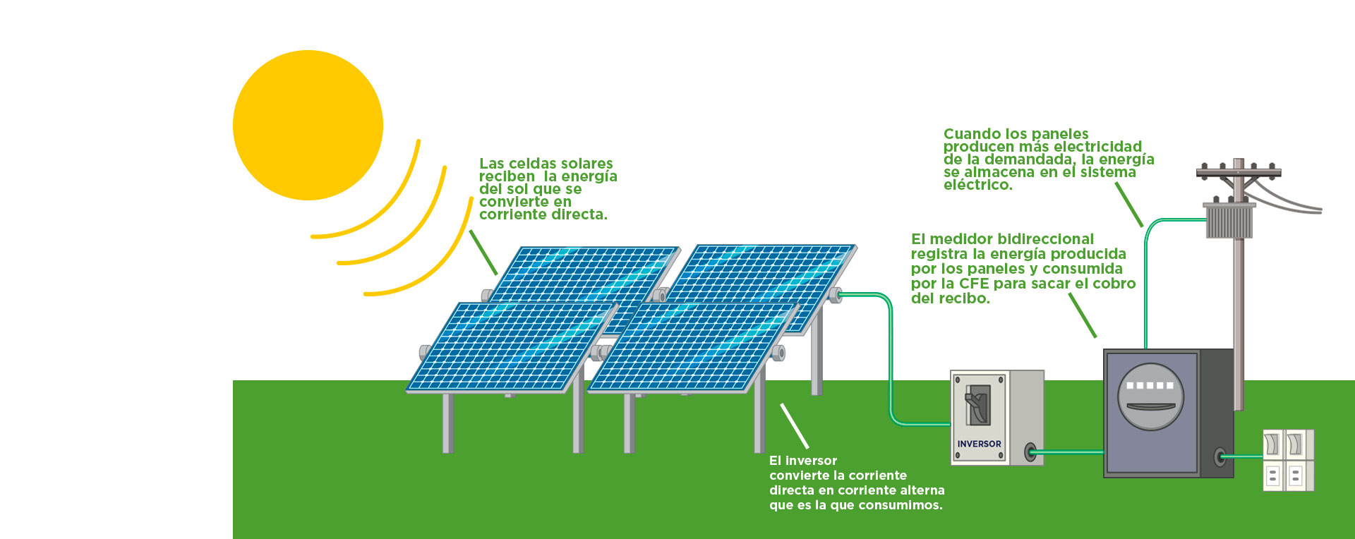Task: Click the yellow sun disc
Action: pos(308,125)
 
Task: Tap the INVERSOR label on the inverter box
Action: pos(979,444)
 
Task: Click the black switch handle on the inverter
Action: pos(977,406)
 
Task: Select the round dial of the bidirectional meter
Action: pos(1150,396)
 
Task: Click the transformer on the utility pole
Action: pos(1229,220)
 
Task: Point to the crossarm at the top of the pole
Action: pos(1239,171)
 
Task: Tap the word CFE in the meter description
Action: pos(974,284)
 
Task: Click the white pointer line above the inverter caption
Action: pos(794,425)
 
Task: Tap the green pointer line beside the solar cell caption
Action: pos(483,252)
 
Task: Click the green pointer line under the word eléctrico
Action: pos(1129,205)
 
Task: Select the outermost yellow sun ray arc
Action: pos(418,246)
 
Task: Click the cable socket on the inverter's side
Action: pos(1030,452)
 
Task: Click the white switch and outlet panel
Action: pos(1288,460)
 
